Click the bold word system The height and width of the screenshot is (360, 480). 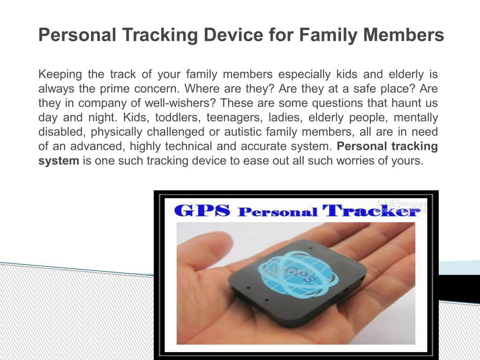pos(59,161)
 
